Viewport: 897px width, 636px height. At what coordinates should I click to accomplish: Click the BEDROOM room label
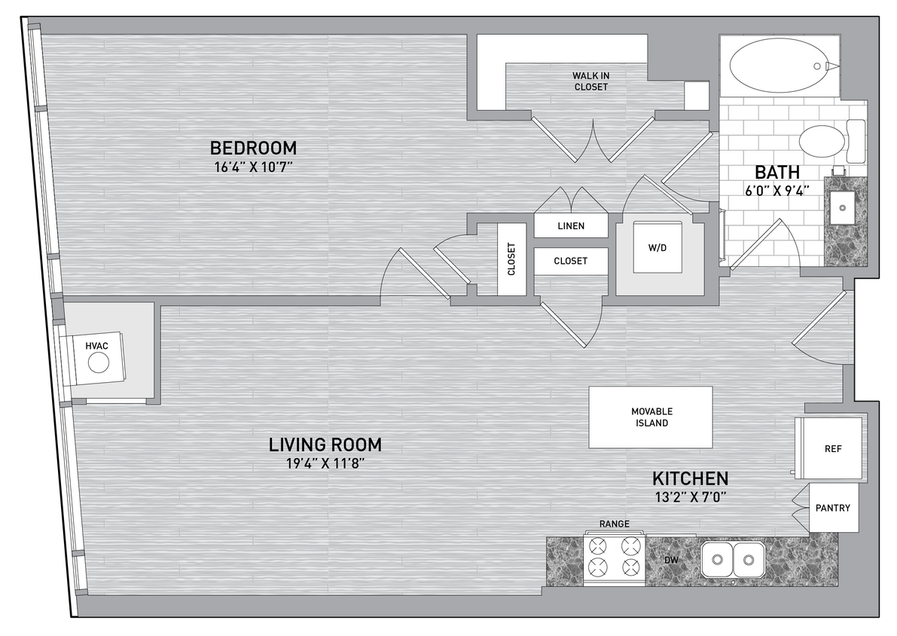(x=253, y=148)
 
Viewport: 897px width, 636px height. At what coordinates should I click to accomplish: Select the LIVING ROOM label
(x=325, y=445)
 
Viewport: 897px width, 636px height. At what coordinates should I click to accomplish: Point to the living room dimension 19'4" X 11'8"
(x=325, y=463)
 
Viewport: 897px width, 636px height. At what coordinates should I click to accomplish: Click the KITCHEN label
(x=690, y=479)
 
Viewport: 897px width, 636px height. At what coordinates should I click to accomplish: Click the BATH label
(x=772, y=172)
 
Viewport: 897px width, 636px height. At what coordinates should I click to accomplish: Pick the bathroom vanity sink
(x=844, y=203)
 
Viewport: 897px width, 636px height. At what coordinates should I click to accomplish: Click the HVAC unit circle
(x=99, y=363)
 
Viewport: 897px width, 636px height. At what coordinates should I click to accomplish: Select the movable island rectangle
(x=651, y=417)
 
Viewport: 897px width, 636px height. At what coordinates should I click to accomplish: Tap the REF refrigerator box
(x=832, y=449)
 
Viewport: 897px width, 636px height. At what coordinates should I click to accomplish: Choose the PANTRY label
(x=832, y=508)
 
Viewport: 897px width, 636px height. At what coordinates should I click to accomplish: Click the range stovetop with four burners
(x=614, y=558)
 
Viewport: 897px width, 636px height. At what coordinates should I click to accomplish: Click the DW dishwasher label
(x=670, y=561)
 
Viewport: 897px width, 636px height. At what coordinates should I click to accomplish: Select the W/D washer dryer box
(x=657, y=247)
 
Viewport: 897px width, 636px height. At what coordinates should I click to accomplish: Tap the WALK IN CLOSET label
(x=590, y=81)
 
